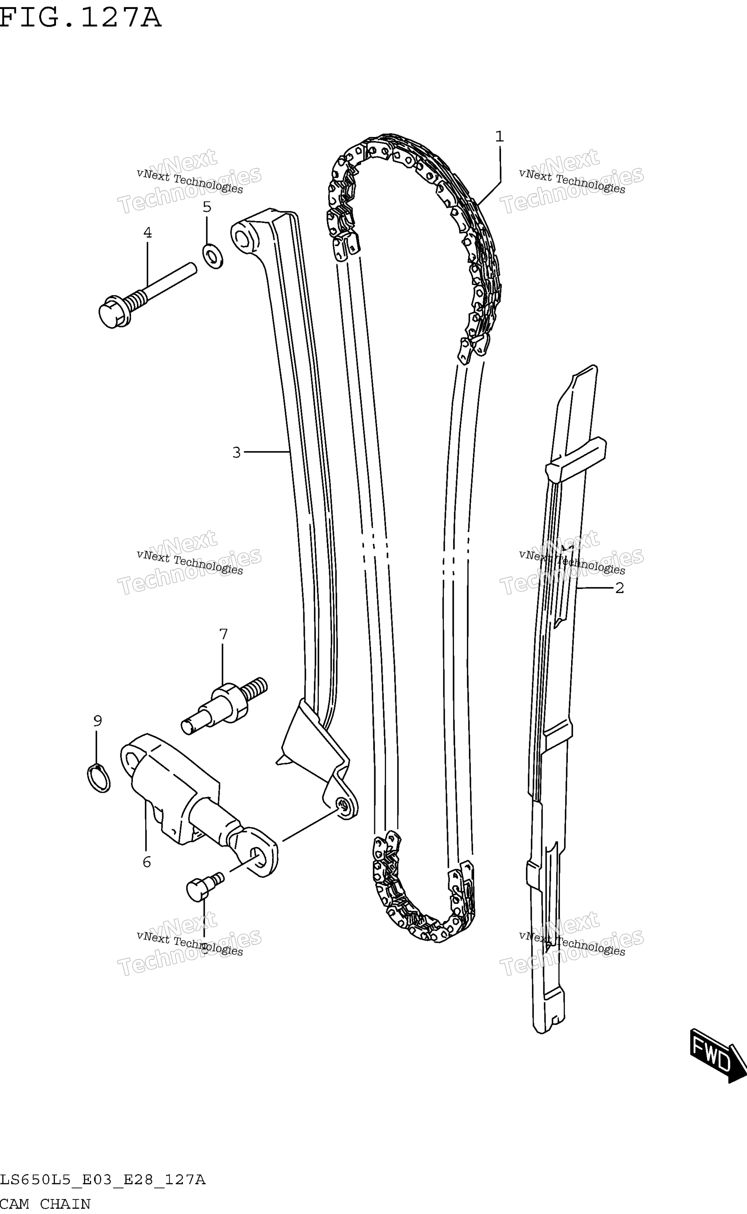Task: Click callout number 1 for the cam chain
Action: coord(500,136)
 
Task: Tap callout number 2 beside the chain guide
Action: coord(620,588)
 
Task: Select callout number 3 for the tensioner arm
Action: coord(237,452)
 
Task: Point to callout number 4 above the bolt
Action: coord(147,232)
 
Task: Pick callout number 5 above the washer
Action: coord(207,207)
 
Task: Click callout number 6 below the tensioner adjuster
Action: coord(147,862)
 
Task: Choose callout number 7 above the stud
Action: coord(223,634)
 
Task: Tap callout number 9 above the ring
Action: coord(98,721)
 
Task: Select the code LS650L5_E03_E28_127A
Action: coord(103,1180)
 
